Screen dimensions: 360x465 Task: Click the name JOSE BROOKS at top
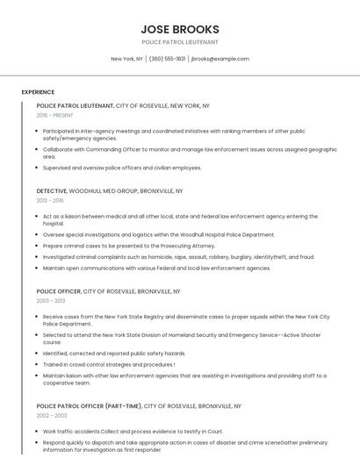[x=179, y=29]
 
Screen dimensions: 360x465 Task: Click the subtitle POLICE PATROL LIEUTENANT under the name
[x=179, y=42]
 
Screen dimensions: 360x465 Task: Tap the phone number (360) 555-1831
[x=167, y=59]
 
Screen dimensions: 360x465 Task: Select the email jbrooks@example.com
[x=220, y=59]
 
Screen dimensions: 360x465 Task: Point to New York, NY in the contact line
[x=126, y=59]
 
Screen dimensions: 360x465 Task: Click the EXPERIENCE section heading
[x=38, y=92]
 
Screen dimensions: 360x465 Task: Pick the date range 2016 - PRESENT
[x=54, y=115]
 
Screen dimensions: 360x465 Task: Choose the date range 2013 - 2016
[x=49, y=200]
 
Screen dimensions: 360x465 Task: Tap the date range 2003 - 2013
[x=49, y=300]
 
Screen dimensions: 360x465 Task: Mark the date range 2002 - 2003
[x=49, y=416]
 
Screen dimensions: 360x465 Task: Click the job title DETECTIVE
[x=51, y=190]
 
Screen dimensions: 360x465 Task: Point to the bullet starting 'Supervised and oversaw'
[x=122, y=168]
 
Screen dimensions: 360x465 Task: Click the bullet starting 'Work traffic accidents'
[x=132, y=432]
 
